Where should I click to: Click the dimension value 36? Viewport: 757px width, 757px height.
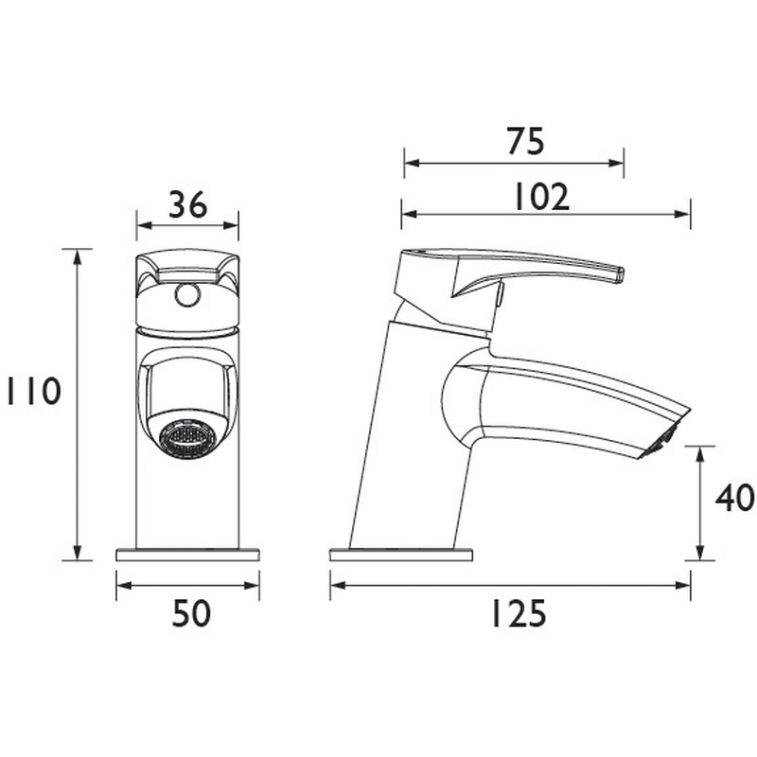[187, 204]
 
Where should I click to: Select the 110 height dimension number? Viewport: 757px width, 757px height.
[31, 392]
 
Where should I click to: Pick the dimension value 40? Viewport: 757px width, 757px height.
[733, 499]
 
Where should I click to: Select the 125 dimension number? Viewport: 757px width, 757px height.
[518, 615]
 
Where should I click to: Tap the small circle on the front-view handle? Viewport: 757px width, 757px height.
[187, 297]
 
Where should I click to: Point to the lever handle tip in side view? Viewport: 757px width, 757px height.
[619, 274]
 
